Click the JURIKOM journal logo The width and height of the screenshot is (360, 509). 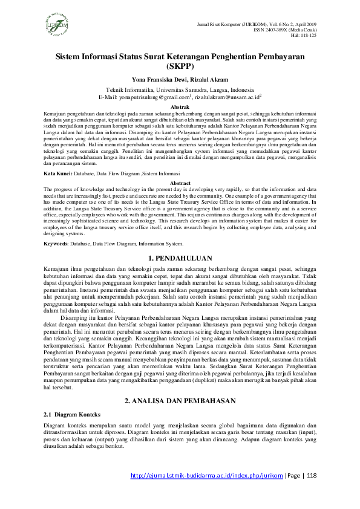pyautogui.click(x=59, y=26)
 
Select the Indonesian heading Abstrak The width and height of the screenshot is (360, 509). pyautogui.click(x=180, y=106)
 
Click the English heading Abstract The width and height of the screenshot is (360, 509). pyautogui.click(x=180, y=183)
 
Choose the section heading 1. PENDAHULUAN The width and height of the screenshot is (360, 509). pyautogui.click(x=180, y=258)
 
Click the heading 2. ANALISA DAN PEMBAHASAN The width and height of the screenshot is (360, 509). pyautogui.click(x=180, y=384)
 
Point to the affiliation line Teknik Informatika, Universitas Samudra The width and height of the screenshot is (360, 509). pyautogui.click(x=180, y=88)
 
